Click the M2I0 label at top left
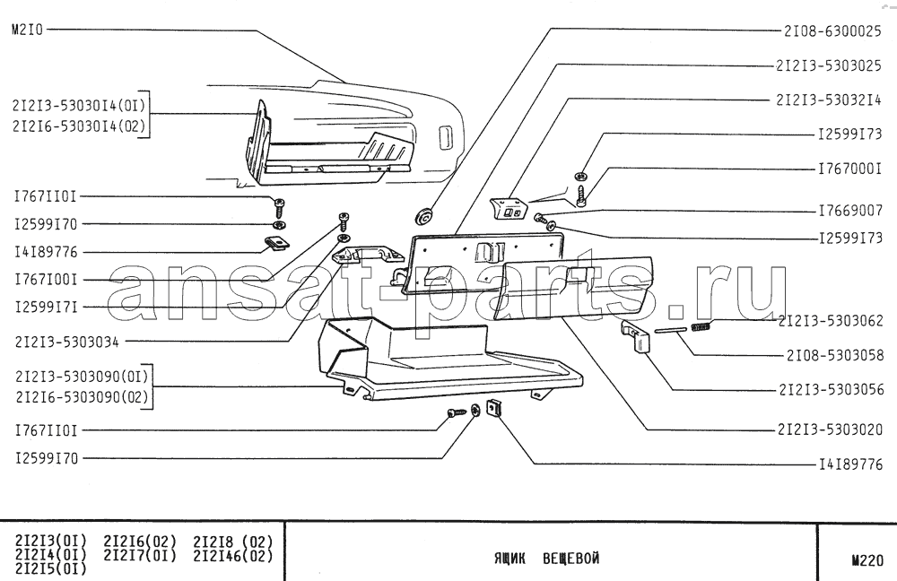pos(27,30)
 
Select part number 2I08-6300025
pos(832,30)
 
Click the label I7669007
pos(850,211)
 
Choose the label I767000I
pos(850,169)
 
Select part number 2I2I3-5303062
pos(831,321)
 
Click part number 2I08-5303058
pos(835,355)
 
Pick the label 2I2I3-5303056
pos(832,389)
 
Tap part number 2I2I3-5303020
pos(830,429)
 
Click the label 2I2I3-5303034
pos(67,342)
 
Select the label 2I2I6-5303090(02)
pos(82,397)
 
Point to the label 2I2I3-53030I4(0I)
pos(79,106)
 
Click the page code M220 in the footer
pos(867,561)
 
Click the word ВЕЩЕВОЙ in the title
pos(570,558)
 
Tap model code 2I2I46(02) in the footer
pos(233,555)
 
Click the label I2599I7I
pos(46,307)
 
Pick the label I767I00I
pos(46,280)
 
